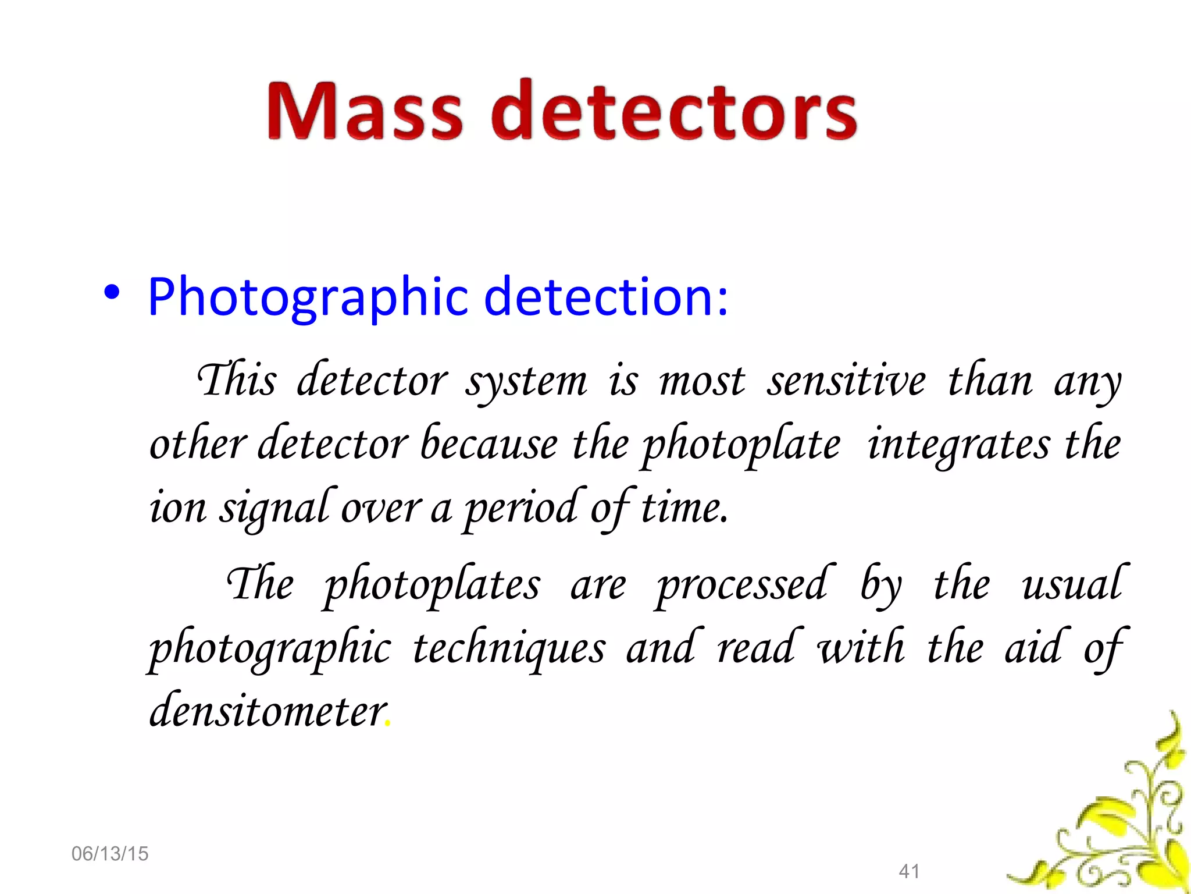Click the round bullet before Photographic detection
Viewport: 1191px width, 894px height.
(x=112, y=293)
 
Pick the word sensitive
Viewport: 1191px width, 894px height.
(x=846, y=381)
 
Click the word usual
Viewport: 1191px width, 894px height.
(x=1074, y=584)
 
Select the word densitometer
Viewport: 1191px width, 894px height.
(x=268, y=711)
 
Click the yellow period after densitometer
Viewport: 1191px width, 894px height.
(x=388, y=725)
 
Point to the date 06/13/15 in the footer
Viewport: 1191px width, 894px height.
(x=110, y=854)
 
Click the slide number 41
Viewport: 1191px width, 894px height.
(x=909, y=871)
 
